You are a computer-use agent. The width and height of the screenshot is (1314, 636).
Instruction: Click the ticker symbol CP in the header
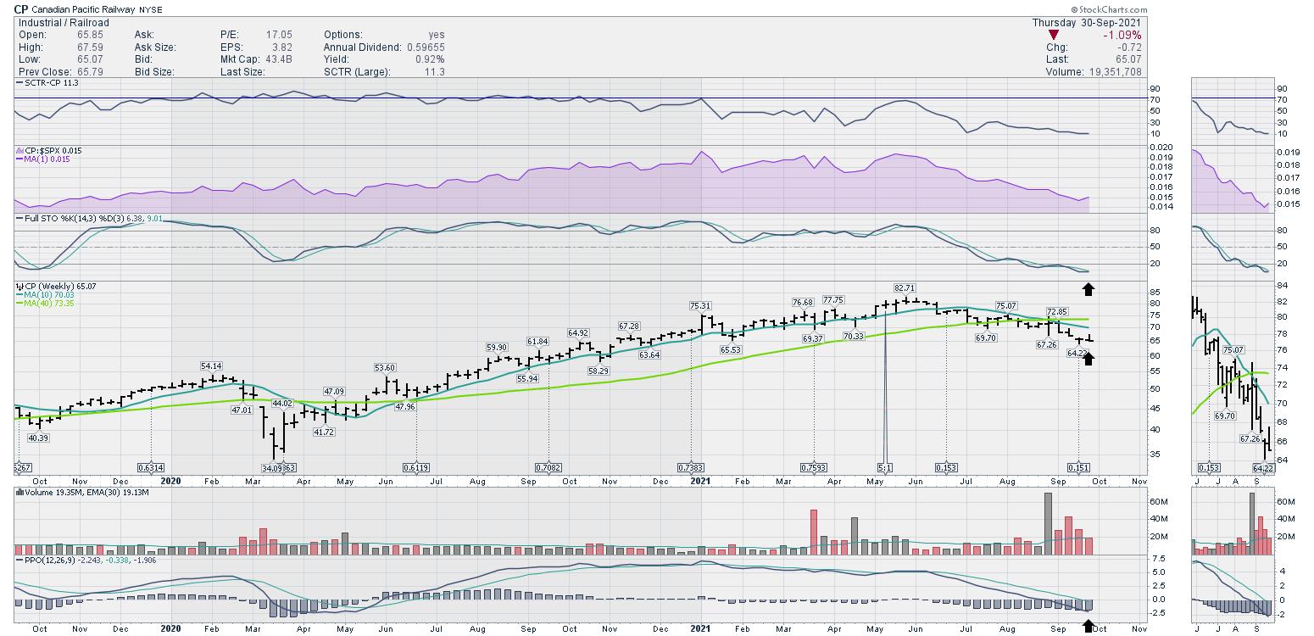click(x=21, y=9)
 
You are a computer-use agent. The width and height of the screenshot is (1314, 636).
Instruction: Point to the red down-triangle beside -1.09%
click(x=1053, y=35)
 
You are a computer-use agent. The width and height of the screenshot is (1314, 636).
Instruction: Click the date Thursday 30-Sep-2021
click(x=1087, y=22)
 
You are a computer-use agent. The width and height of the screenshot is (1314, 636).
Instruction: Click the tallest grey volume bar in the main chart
click(x=1048, y=522)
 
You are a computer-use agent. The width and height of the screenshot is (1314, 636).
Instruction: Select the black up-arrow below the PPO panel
click(x=1089, y=626)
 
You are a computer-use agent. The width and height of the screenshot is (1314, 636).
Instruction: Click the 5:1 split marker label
click(x=884, y=468)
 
